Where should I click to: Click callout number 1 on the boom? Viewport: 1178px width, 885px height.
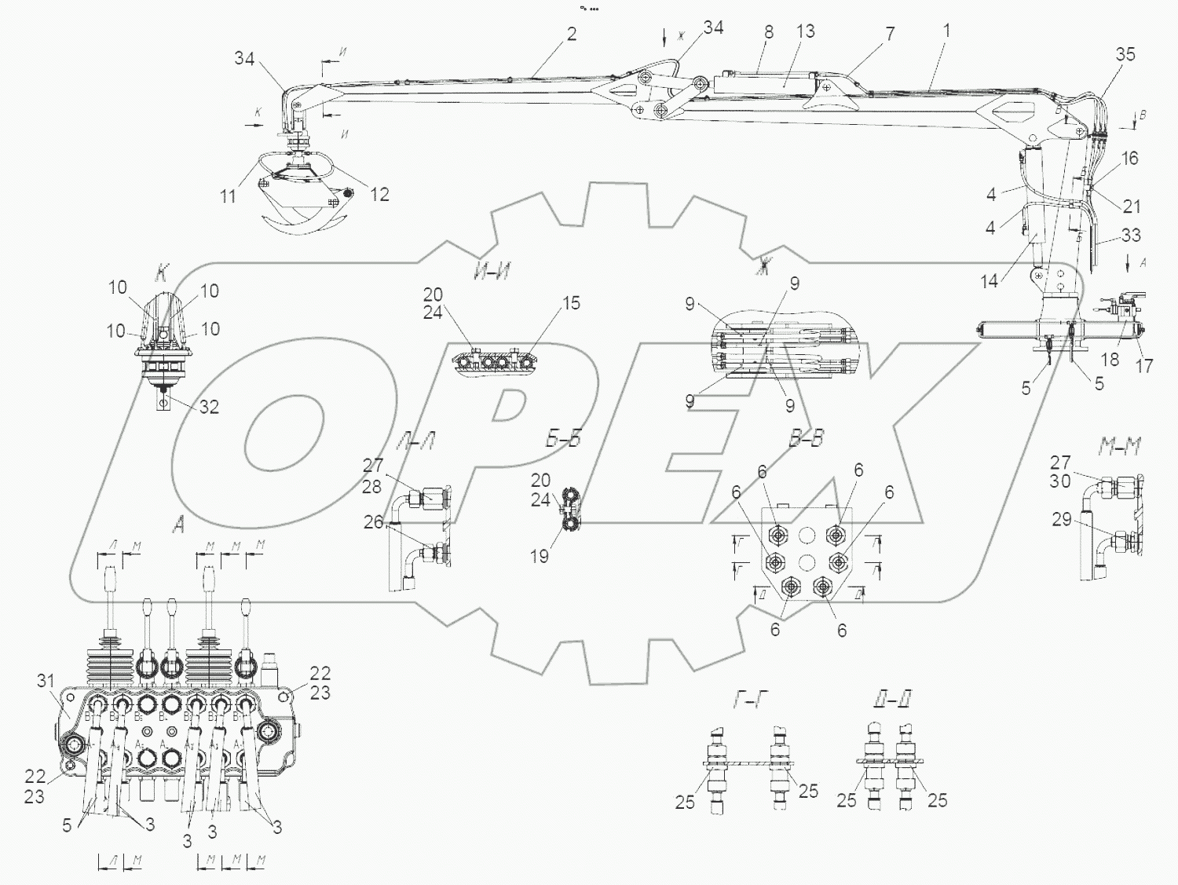[947, 31]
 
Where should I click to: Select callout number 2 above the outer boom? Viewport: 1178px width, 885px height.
[571, 34]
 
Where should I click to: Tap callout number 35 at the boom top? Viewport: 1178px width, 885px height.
[1125, 54]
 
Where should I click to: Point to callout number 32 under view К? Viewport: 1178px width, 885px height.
[209, 407]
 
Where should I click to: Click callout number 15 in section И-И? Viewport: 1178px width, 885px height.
[571, 303]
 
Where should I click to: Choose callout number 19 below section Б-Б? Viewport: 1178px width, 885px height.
[539, 556]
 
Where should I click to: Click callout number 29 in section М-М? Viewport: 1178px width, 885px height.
[1061, 519]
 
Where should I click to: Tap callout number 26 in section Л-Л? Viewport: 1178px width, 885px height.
[373, 521]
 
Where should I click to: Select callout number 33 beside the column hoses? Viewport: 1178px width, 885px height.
[1131, 235]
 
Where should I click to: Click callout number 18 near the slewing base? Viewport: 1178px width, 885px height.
[1110, 359]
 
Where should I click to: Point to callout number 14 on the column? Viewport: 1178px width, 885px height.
[989, 280]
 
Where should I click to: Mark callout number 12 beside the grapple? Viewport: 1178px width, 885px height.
[379, 194]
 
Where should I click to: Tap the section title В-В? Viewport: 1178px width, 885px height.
[806, 439]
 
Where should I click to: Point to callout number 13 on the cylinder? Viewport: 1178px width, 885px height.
[805, 31]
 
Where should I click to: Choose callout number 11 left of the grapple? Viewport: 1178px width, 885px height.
[228, 195]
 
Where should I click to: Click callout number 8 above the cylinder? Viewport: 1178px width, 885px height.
[768, 31]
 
